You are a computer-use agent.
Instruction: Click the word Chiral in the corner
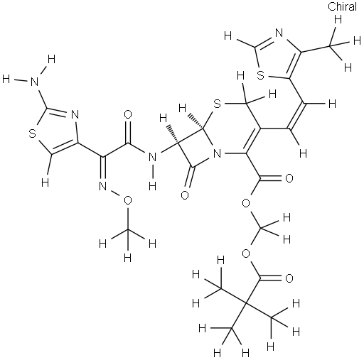tap(342, 6)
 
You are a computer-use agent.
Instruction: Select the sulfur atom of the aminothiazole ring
tap(32, 133)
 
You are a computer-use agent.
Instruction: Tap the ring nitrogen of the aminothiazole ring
tap(75, 115)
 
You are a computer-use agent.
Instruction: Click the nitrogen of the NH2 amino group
tap(35, 82)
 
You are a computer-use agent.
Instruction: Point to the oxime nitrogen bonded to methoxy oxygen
tap(103, 187)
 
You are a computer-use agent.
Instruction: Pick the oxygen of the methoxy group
tap(128, 201)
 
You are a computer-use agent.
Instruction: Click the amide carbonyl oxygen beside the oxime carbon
tap(128, 114)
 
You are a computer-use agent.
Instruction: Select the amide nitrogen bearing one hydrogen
tap(153, 158)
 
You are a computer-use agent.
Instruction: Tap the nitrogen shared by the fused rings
tap(217, 154)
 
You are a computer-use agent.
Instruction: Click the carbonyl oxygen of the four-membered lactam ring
tap(185, 195)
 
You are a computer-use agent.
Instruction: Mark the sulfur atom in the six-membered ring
tap(217, 104)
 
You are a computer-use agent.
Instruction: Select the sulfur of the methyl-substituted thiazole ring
tap(260, 75)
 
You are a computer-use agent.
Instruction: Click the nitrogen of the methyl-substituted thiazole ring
tap(279, 33)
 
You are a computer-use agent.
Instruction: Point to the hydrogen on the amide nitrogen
tap(153, 187)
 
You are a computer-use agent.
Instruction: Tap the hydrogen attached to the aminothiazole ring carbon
tap(45, 182)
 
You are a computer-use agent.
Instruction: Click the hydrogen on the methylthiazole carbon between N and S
tap(227, 36)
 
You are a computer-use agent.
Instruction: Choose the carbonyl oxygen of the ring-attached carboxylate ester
tap(289, 178)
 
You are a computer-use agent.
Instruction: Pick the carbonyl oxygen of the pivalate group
tap(289, 278)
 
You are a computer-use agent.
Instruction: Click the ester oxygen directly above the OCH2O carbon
tap(247, 203)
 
